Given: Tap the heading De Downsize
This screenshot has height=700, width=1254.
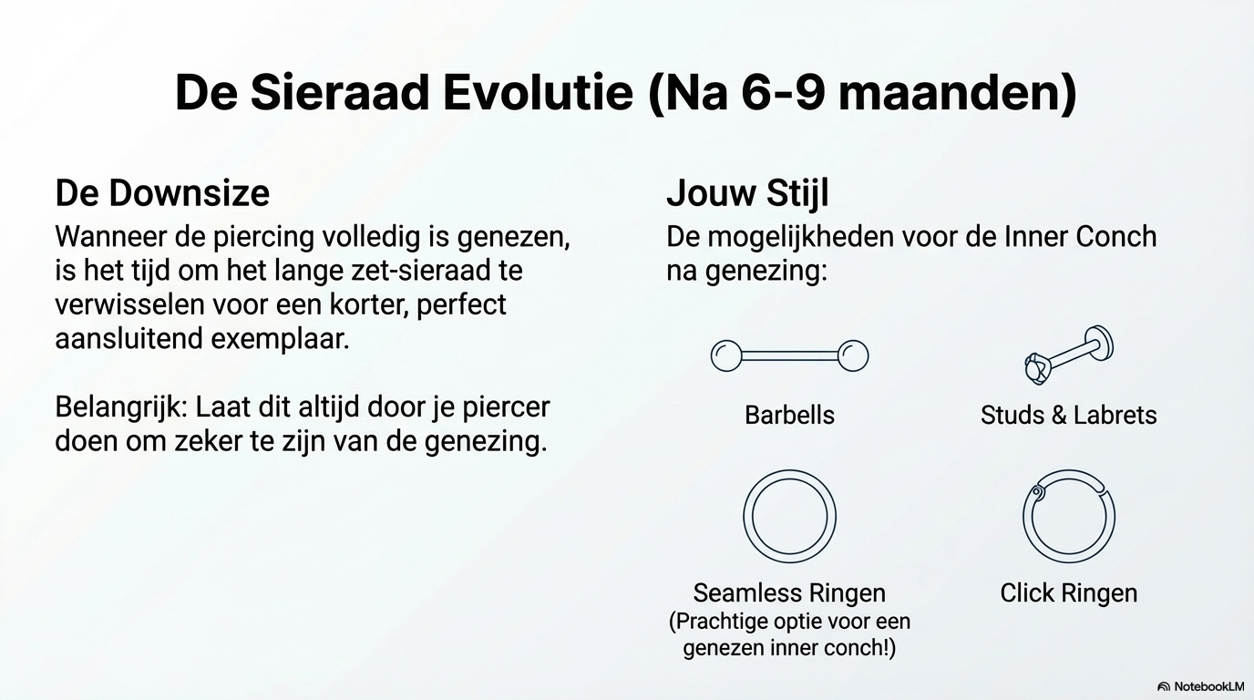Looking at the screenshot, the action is click(162, 193).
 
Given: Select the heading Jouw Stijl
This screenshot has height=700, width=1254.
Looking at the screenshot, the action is click(747, 194).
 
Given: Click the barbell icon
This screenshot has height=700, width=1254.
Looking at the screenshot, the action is click(789, 355).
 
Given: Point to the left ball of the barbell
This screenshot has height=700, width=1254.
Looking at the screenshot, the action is click(726, 355).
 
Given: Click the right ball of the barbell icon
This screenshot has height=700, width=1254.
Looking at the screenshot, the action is click(853, 355).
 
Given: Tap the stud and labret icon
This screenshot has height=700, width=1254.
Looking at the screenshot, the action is click(1069, 355).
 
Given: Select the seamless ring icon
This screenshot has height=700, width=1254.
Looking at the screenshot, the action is click(789, 470).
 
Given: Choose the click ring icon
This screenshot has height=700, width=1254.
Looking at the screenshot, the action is click(1069, 470).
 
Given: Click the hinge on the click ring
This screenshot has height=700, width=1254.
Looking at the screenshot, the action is click(1036, 492).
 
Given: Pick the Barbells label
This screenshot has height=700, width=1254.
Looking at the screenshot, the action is click(789, 416).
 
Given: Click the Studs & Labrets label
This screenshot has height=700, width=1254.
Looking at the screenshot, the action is click(1069, 416).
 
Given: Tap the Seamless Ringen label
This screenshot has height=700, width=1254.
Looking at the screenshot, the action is click(789, 593).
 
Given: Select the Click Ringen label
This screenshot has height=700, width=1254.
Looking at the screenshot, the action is click(1069, 593).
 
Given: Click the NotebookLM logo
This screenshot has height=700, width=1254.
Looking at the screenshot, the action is click(1200, 686).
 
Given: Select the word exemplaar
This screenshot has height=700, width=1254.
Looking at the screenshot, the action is click(280, 339).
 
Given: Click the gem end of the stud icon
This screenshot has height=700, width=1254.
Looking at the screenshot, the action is click(1037, 368).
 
